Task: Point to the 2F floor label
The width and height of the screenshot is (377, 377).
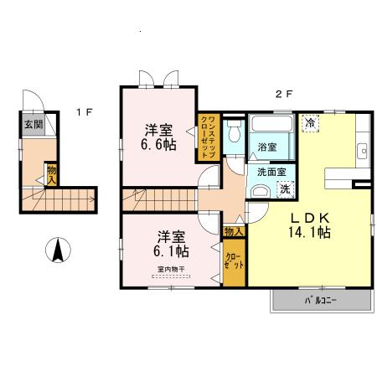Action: pos(284,94)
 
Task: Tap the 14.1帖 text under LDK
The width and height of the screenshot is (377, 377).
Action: pos(309,232)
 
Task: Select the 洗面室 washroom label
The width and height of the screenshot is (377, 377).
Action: pos(271,172)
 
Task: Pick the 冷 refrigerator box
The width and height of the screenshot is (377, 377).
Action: pos(309,123)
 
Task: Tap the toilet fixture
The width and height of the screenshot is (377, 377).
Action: pos(235,133)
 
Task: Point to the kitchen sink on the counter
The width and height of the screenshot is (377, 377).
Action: pos(363,152)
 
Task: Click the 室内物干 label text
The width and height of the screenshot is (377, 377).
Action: pos(172,269)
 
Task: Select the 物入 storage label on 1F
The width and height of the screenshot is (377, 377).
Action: pos(52,174)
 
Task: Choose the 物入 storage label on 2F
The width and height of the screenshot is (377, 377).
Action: pos(234,230)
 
